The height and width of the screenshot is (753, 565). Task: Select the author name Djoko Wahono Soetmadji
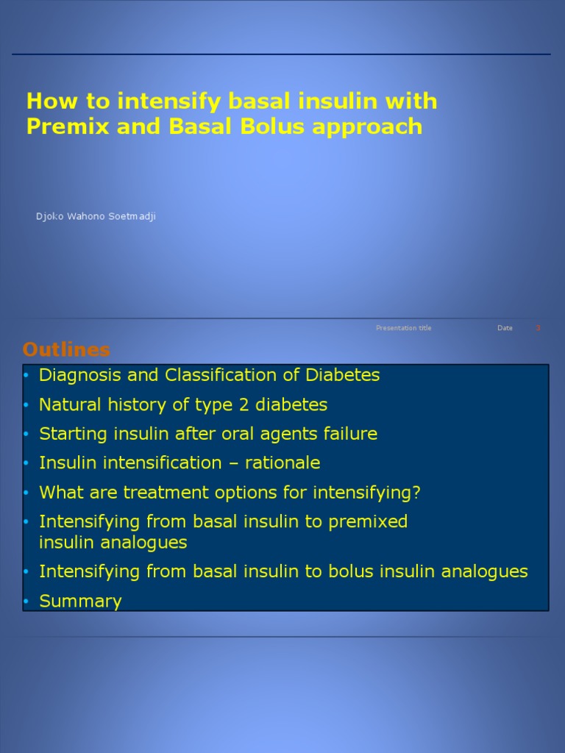(x=96, y=216)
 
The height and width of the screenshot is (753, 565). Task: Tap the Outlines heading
(x=66, y=349)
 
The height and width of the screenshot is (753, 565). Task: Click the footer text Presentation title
(x=403, y=328)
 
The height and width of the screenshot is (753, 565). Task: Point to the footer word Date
(x=505, y=328)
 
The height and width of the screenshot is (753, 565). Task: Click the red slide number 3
(x=538, y=328)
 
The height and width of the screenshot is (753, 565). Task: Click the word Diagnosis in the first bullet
(x=80, y=375)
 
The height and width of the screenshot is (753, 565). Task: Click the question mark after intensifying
(x=416, y=493)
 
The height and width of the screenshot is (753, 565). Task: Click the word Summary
(x=80, y=602)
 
